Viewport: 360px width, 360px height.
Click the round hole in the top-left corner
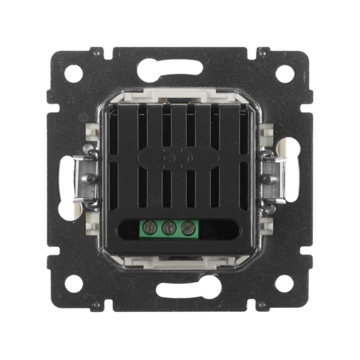coord(73,74)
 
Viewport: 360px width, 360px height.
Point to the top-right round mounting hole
coord(284,74)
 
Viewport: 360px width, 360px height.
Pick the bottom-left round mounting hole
coord(73,283)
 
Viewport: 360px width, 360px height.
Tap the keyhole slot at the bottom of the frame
coord(181,290)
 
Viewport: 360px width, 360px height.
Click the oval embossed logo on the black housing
coord(178,158)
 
